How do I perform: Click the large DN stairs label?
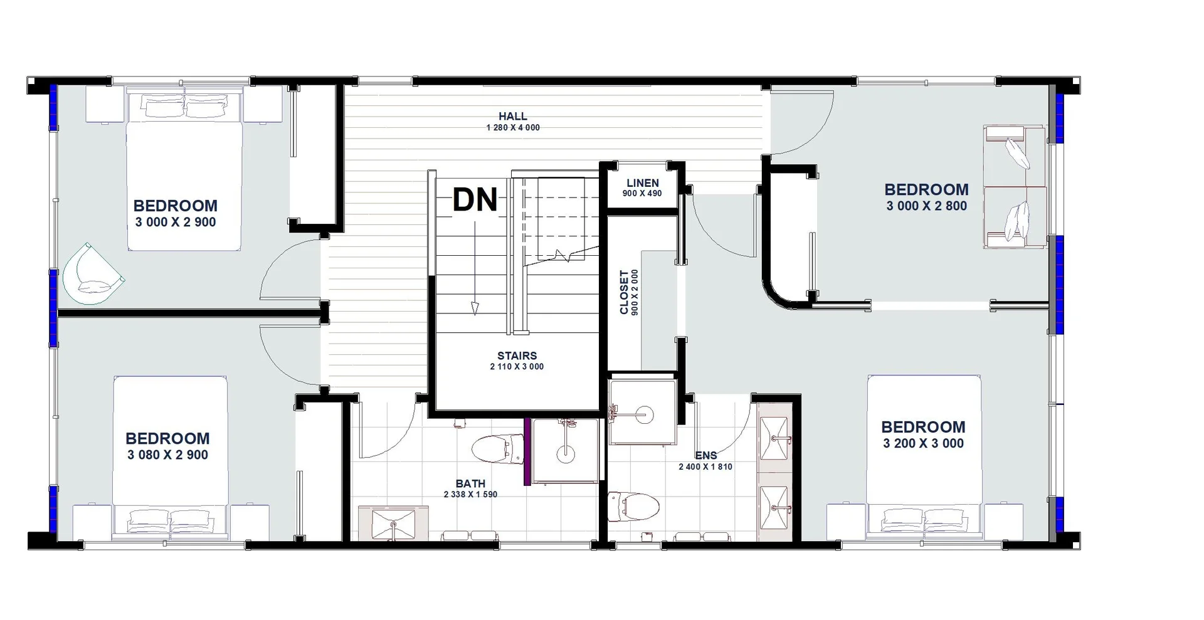[x=475, y=200]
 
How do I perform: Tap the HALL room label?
[x=512, y=116]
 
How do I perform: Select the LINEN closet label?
[x=642, y=183]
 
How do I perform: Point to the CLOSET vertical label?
[x=624, y=292]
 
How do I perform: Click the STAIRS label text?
[x=517, y=355]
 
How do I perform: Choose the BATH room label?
[x=470, y=483]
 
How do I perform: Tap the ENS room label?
[x=705, y=456]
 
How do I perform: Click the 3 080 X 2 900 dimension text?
[x=167, y=455]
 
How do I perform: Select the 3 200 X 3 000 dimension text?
[x=923, y=444]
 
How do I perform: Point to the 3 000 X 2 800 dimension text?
[x=926, y=206]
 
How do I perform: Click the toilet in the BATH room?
[x=495, y=449]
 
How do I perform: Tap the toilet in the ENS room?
[x=635, y=507]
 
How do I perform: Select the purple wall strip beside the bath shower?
[x=527, y=451]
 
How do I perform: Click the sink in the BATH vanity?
[x=393, y=524]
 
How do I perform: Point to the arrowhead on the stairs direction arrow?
[x=475, y=308]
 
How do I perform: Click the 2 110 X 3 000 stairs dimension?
[x=517, y=367]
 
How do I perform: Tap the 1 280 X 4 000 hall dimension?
[x=512, y=128]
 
